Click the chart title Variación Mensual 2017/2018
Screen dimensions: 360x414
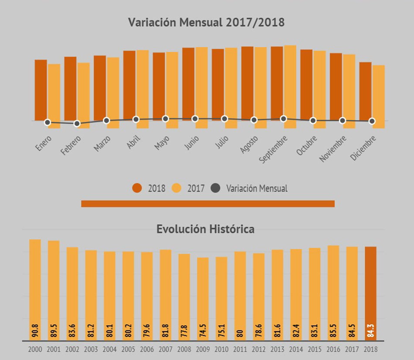[x=206, y=23]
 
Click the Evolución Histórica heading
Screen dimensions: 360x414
[x=205, y=229]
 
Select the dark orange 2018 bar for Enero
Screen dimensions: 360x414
[x=41, y=89]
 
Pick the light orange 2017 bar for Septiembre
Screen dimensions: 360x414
[x=290, y=85]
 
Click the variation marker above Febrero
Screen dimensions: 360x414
[x=77, y=124]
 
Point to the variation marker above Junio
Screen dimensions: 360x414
[x=195, y=119]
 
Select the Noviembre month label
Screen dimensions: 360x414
[x=333, y=149]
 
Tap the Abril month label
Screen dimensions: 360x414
[x=133, y=143]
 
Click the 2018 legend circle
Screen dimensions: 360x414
[x=137, y=188]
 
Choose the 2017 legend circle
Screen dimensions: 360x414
[x=177, y=188]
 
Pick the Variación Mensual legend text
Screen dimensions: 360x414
[x=257, y=189]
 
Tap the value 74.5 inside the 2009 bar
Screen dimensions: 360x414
[x=203, y=331]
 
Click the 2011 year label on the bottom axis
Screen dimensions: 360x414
[x=240, y=350]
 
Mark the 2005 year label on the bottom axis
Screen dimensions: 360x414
[x=128, y=350]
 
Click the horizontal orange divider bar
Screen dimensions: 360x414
[x=208, y=204]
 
